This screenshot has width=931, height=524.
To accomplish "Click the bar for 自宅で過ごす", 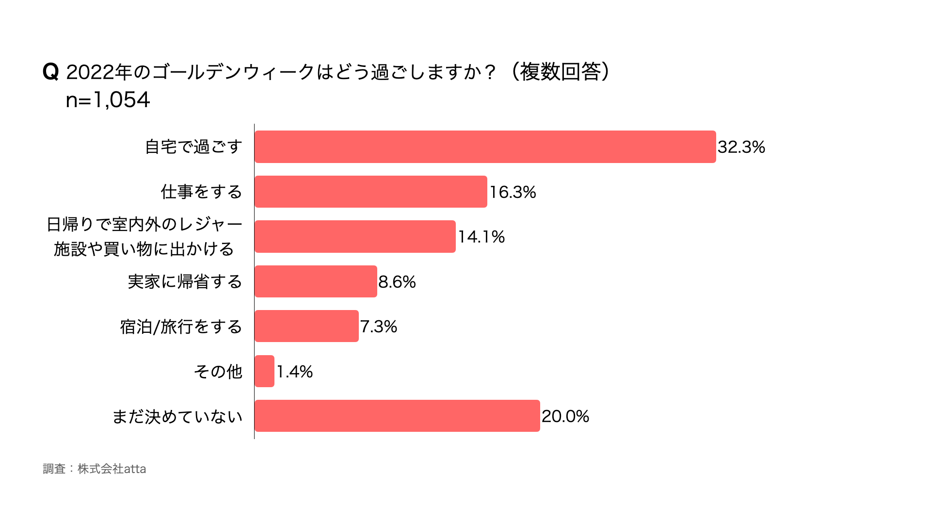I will pyautogui.click(x=485, y=147).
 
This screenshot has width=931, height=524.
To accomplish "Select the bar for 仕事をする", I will pyautogui.click(x=370, y=192).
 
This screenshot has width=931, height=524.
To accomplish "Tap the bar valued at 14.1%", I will pyautogui.click(x=355, y=236).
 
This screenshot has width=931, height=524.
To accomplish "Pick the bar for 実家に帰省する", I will pyautogui.click(x=316, y=281).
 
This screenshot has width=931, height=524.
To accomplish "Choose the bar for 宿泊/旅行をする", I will pyautogui.click(x=306, y=326).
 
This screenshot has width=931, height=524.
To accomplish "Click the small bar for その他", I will pyautogui.click(x=264, y=371).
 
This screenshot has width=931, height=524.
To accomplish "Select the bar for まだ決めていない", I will pyautogui.click(x=397, y=416).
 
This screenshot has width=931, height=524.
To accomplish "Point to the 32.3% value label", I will pyautogui.click(x=741, y=147).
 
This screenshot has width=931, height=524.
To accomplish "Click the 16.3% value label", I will pyautogui.click(x=513, y=192).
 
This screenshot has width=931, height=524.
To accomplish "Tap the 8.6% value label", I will pyautogui.click(x=397, y=282).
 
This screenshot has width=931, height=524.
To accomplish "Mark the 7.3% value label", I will pyautogui.click(x=378, y=327).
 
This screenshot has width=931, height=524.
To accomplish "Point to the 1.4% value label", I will pyautogui.click(x=294, y=372).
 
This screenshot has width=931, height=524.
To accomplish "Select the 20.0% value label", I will pyautogui.click(x=565, y=416).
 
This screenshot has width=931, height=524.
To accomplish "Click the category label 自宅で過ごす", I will pyautogui.click(x=193, y=147).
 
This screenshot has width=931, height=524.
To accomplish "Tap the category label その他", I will pyautogui.click(x=218, y=372).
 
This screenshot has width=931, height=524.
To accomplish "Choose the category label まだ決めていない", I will pyautogui.click(x=177, y=417).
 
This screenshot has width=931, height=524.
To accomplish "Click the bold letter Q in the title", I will pyautogui.click(x=50, y=72).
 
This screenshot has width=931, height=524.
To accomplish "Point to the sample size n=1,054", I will pyautogui.click(x=108, y=100).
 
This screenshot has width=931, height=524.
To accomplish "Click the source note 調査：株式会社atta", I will pyautogui.click(x=95, y=469).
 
